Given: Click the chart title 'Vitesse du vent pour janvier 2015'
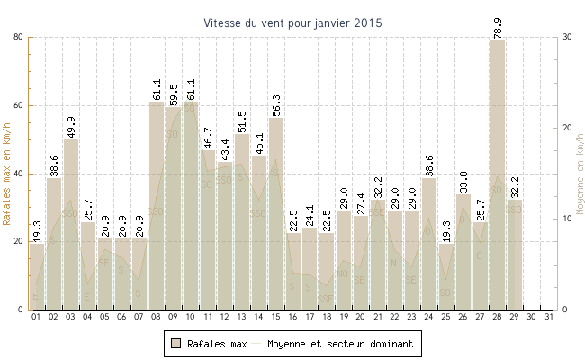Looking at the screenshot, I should [292, 22].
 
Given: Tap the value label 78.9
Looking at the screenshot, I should [498, 26].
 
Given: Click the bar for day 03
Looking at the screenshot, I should [70, 224].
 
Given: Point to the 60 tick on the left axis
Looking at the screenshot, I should [18, 105].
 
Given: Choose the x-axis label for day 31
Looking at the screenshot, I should [550, 318].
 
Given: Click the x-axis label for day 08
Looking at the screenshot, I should [156, 318].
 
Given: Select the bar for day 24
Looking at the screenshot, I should [428, 244].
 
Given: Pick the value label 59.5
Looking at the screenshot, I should [173, 93].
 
